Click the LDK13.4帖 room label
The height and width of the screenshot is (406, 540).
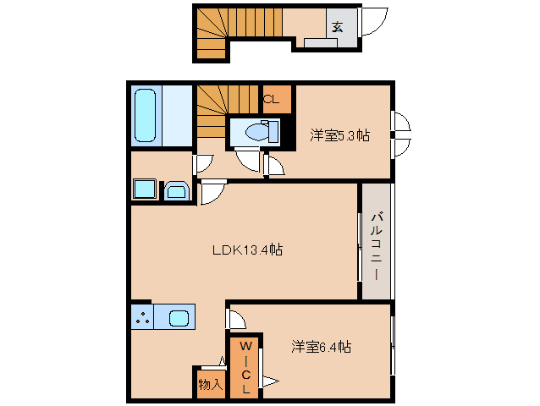246,250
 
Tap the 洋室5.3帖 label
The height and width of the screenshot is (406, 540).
339,134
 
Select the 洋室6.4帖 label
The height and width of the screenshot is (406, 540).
322,347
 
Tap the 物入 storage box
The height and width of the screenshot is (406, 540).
210,384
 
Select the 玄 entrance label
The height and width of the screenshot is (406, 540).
337,26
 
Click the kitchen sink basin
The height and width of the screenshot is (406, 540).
179,318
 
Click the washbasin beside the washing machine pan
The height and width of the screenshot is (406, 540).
177,191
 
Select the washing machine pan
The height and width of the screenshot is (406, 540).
143,189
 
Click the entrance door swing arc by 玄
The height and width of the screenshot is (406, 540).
374,21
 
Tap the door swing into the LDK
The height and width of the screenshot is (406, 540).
211,193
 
